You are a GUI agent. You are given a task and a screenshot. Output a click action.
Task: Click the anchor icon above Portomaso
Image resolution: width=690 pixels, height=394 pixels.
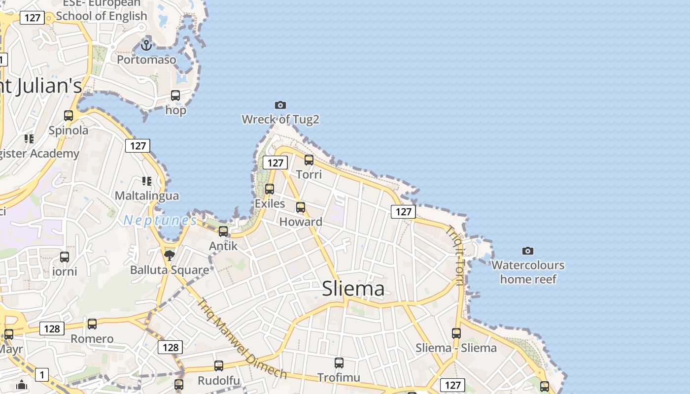(x=146, y=45)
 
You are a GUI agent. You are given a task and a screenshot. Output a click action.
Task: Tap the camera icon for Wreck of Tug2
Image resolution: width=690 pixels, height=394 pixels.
(x=280, y=105)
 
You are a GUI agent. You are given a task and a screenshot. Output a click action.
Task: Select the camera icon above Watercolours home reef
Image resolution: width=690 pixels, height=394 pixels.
(x=528, y=251)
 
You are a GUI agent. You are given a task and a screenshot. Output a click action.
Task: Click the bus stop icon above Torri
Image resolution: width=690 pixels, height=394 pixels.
(x=309, y=160)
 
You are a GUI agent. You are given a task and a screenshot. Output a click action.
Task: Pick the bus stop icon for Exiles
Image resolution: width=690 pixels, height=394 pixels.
(x=270, y=189)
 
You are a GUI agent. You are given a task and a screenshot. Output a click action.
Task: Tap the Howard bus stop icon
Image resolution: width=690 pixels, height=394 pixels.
(x=301, y=207)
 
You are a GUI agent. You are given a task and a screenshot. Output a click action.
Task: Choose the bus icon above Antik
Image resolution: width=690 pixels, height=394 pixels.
(x=223, y=231)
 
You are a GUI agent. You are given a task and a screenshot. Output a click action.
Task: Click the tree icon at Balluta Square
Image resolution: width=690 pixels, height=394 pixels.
(x=170, y=255)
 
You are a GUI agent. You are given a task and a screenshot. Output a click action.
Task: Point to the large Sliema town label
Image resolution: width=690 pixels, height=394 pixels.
(x=353, y=289)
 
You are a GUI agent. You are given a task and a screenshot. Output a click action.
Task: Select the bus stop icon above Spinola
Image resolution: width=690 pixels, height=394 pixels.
(x=69, y=116)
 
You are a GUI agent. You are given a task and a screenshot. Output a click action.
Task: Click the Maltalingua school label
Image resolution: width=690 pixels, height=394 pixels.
(x=147, y=196)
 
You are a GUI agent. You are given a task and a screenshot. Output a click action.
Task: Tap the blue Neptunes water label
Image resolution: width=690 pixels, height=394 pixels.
(x=160, y=220)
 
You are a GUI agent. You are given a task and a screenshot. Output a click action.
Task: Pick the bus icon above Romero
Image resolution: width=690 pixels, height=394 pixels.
(x=92, y=324)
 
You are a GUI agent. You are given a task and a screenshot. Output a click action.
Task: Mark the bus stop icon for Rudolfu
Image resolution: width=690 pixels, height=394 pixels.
(x=219, y=366)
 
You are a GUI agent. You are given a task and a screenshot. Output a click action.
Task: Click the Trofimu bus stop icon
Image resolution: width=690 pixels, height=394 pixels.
(x=339, y=363)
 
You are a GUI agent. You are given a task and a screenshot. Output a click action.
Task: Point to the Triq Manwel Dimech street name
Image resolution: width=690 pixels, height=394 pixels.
(x=241, y=339)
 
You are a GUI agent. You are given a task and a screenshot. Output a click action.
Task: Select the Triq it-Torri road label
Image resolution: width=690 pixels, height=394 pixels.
(x=455, y=256)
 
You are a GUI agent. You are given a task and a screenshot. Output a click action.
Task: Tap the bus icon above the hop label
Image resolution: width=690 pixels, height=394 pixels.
(x=175, y=96)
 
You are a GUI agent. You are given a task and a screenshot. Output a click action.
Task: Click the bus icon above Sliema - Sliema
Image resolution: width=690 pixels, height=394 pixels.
(x=456, y=333)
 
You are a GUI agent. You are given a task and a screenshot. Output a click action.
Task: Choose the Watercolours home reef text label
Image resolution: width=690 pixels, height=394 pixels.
(x=528, y=272)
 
